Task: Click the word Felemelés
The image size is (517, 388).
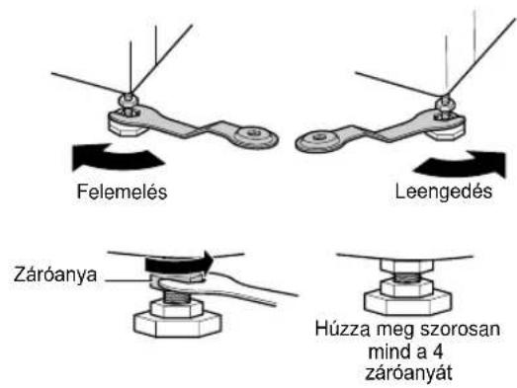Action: click(x=122, y=192)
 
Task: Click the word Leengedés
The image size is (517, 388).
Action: click(x=444, y=192)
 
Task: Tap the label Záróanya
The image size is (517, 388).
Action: click(x=55, y=275)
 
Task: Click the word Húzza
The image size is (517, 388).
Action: click(x=342, y=330)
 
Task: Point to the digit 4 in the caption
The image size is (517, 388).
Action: click(x=436, y=352)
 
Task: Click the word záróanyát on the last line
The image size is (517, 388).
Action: click(x=409, y=373)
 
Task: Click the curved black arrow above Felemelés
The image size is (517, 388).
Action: click(x=116, y=158)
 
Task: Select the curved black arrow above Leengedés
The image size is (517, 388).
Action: click(x=461, y=164)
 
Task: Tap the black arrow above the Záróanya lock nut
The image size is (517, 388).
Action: click(x=179, y=264)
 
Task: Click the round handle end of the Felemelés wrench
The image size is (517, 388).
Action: click(x=255, y=137)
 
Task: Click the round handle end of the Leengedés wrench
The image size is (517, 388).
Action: click(x=318, y=140)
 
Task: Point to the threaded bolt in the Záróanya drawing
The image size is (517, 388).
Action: click(x=175, y=297)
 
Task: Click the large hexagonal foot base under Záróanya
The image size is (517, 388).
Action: click(x=177, y=324)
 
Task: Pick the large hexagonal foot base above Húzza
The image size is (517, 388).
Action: click(x=407, y=303)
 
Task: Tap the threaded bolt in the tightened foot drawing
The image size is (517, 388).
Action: click(x=407, y=278)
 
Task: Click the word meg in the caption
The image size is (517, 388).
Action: click(x=391, y=331)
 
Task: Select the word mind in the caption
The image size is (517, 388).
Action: click(x=388, y=351)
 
